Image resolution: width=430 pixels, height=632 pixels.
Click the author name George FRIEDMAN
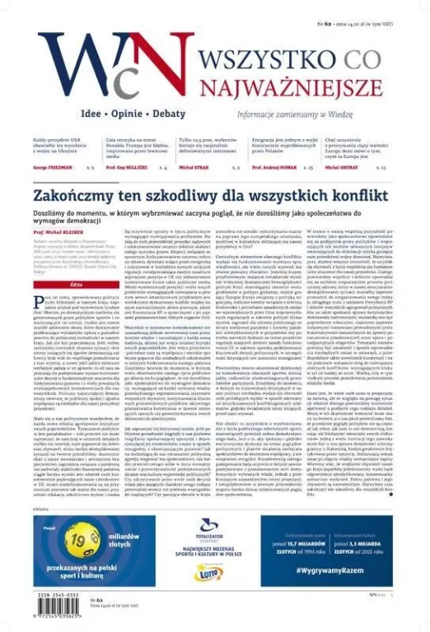[x=51, y=166]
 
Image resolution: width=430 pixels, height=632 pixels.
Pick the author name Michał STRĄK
[x=194, y=166]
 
